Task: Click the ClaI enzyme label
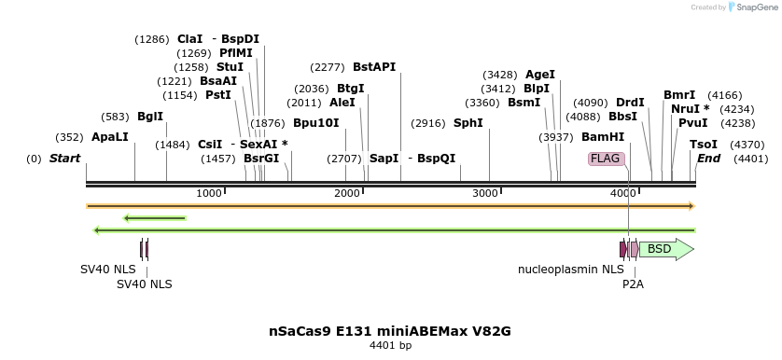point(189,39)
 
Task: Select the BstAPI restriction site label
point(374,67)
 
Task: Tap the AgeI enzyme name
point(540,75)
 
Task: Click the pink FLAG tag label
point(606,159)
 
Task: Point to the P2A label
point(633,284)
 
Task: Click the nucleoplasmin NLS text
point(570,270)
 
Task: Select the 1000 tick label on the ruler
point(208,193)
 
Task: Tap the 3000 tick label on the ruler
point(484,193)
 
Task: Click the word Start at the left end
point(64,159)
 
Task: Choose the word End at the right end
point(708,159)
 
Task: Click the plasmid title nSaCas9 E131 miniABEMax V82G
point(389,331)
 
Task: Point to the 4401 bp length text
point(390,346)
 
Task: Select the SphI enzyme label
point(468,123)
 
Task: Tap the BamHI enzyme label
point(603,137)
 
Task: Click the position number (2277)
point(328,67)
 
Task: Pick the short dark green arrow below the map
point(154,218)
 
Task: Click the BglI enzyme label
point(150,117)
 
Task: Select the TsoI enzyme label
point(704,145)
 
